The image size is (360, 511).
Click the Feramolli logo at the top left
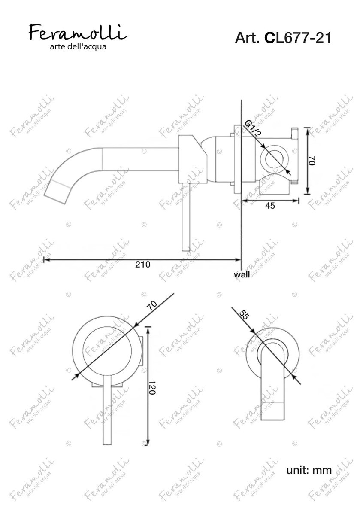(x=78, y=33)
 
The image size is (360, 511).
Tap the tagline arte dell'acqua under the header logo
(x=78, y=47)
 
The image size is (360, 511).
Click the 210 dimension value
(x=143, y=264)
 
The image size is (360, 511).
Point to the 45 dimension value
(x=270, y=206)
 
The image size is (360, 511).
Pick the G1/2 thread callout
(x=253, y=129)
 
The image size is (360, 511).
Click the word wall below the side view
(x=242, y=274)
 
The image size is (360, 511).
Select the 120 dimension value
(x=152, y=387)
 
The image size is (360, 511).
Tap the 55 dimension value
(x=245, y=314)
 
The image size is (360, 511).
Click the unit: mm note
(x=309, y=470)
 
